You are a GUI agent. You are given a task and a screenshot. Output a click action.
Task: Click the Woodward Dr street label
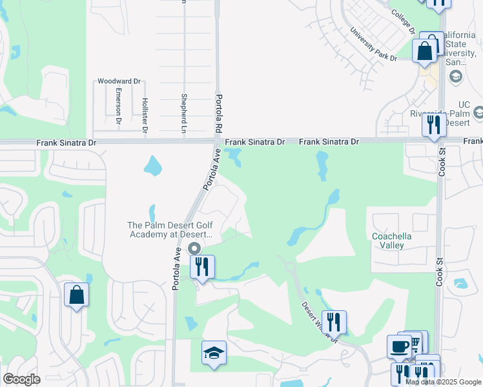119,82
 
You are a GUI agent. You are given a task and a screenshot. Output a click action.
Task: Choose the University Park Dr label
373,45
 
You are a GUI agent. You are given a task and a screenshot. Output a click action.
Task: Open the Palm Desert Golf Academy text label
174,230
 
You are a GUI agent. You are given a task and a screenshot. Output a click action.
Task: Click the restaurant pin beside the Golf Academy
202,266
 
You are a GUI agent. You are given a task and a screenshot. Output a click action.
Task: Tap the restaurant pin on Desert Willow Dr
334,322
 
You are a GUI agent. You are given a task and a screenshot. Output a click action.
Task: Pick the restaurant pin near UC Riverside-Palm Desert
434,124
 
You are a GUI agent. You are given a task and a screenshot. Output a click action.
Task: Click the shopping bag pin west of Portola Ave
76,295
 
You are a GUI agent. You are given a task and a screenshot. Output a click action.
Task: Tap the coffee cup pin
399,346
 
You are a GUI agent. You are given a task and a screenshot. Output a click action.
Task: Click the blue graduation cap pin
214,353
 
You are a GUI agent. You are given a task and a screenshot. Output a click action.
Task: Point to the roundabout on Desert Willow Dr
289,266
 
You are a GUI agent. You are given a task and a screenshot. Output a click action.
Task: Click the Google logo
21,379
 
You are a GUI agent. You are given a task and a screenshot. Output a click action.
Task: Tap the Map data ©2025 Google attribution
443,382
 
